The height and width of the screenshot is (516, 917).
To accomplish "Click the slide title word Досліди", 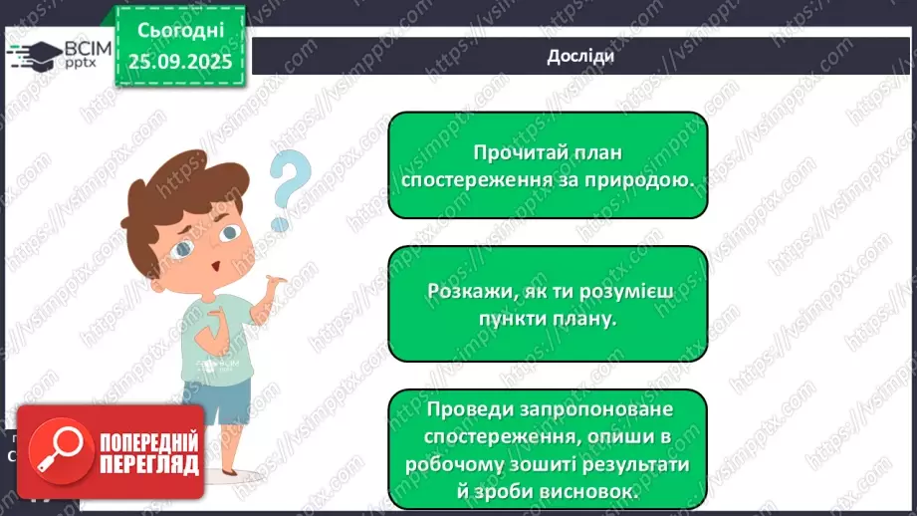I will pos(580,56).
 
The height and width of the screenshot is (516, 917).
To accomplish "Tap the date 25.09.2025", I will pos(179,62).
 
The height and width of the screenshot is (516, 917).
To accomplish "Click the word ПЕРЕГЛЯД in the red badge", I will pos(148,464).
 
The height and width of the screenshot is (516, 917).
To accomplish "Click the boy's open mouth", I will pos(213,270).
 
